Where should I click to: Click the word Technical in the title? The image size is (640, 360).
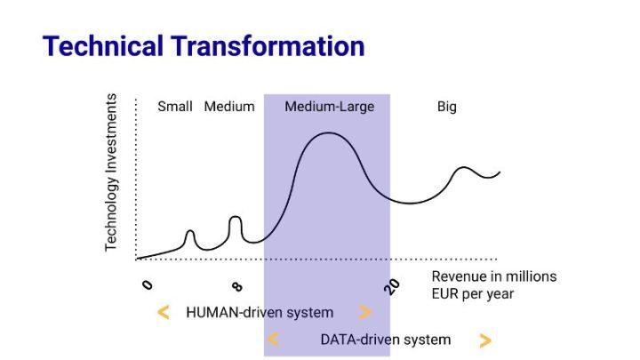[103, 45]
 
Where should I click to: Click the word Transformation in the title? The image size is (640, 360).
[268, 45]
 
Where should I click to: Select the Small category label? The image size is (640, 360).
[175, 107]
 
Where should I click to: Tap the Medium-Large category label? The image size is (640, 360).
[330, 107]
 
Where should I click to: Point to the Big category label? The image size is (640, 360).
[447, 107]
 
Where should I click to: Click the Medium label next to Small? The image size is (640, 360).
[229, 107]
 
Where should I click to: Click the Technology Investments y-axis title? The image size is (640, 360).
[110, 172]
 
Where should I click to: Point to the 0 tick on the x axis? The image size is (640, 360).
[148, 284]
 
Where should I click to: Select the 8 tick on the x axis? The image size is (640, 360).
[237, 286]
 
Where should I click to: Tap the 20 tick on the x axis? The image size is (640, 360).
[392, 287]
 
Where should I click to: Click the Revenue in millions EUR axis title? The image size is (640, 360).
[494, 285]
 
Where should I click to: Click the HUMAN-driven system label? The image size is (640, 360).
[260, 313]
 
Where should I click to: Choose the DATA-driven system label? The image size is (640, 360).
[386, 340]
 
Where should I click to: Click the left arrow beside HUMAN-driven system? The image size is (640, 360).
[164, 313]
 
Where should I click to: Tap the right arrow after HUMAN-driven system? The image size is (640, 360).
[365, 313]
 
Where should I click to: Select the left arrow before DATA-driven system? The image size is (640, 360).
[273, 340]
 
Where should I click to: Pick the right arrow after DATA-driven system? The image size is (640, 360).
[485, 340]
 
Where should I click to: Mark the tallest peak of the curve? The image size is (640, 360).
[329, 133]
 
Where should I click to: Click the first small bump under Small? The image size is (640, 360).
[190, 231]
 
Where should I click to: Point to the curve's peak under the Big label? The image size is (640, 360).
[463, 167]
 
